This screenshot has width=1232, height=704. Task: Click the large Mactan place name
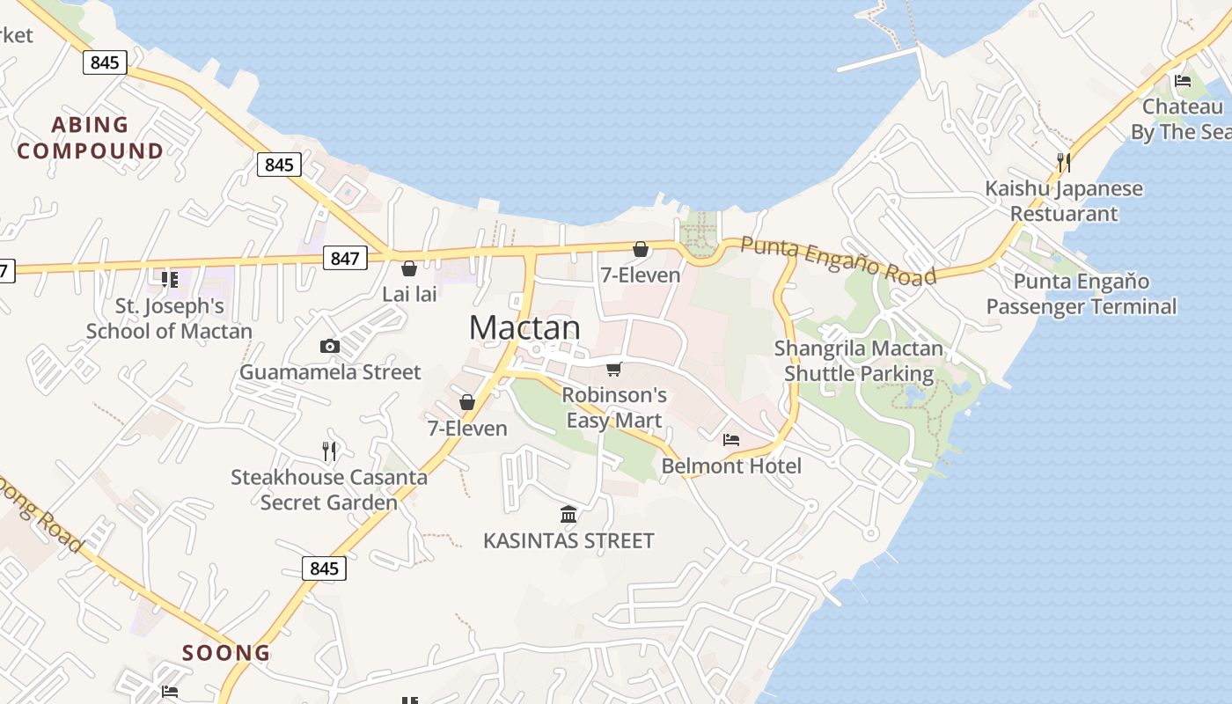point(524,327)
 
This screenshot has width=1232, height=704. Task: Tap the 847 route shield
point(345,258)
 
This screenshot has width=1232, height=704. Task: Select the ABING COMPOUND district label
point(90,137)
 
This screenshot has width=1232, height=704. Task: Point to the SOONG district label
point(226,653)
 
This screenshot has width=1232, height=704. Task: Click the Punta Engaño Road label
point(837,260)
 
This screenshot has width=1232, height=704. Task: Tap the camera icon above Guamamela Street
point(330,346)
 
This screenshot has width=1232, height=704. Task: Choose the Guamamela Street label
point(330,372)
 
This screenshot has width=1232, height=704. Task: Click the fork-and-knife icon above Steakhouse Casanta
point(329,451)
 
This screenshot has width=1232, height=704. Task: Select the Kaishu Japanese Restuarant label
point(1064,201)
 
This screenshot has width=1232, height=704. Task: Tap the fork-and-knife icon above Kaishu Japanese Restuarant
point(1064,162)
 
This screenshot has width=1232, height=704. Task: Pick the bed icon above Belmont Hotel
point(731,439)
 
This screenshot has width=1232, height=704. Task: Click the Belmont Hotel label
point(731,466)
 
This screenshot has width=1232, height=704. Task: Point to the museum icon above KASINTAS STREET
point(568,514)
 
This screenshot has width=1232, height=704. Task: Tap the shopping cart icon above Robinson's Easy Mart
point(614,369)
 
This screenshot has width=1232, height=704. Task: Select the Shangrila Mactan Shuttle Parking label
point(859,361)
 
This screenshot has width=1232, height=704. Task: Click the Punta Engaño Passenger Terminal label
point(1082,294)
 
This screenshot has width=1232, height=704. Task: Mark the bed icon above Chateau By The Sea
point(1183,81)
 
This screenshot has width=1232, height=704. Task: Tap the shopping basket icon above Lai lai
point(409,268)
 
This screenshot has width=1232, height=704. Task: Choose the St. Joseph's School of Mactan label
point(170,319)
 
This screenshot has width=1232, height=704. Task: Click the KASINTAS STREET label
point(568,540)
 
